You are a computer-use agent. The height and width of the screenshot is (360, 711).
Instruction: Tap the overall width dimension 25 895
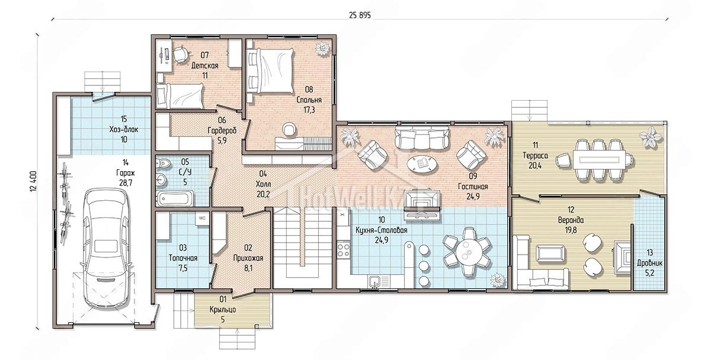point(360,15)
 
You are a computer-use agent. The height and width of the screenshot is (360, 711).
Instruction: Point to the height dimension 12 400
point(34,181)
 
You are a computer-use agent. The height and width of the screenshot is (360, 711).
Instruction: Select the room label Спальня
point(309,100)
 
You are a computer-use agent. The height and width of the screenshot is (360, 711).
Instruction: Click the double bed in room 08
point(270,71)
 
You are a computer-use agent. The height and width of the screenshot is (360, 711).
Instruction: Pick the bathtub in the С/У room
point(175,198)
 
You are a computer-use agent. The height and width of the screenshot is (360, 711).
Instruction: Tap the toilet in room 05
point(164,163)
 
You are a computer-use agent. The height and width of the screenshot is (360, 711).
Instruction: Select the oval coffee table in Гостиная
point(421,164)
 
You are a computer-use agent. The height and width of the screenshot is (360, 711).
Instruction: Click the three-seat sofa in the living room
point(422,137)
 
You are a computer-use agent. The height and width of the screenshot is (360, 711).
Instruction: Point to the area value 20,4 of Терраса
point(535,165)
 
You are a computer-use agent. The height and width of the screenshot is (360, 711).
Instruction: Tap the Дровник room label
point(650,263)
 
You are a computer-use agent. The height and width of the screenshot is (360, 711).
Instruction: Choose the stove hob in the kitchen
point(344,249)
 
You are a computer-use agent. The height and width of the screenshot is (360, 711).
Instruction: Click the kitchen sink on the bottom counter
point(375,281)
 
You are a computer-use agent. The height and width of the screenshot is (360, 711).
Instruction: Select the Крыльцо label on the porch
point(223,309)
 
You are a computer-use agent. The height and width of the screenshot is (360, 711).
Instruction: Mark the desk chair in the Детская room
point(180,54)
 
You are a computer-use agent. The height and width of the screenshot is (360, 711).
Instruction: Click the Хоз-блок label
point(124,130)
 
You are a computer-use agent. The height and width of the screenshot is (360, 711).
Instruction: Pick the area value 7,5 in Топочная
point(183,268)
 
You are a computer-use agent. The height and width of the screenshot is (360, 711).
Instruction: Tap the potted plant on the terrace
point(651,137)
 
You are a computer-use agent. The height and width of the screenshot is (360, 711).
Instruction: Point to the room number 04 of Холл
point(263,173)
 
